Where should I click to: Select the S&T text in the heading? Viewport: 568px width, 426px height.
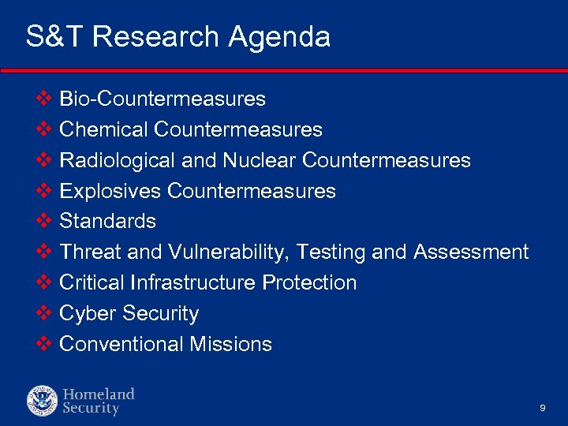coord(54,37)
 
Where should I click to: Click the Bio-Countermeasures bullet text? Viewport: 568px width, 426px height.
coord(163,99)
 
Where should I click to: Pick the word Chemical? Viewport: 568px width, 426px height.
coord(104,129)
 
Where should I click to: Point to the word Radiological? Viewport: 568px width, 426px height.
coord(118,161)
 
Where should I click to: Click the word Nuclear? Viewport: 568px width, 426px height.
coord(259,161)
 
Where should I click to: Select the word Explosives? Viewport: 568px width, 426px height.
coord(111,191)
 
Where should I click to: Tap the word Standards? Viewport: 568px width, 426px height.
coord(108,222)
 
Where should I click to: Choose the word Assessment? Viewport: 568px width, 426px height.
coord(471,252)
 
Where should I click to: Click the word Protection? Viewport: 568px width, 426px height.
coord(309,283)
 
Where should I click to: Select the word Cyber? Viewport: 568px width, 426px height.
coord(86,314)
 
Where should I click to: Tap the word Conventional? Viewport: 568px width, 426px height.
coord(121,345)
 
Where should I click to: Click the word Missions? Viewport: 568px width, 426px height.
coord(231,345)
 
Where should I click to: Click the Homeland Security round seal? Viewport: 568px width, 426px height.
coord(42,401)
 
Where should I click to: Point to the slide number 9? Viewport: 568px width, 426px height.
coord(543,408)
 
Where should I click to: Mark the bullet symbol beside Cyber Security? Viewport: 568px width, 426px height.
coord(44,313)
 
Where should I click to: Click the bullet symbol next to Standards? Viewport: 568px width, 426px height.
coord(44,221)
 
